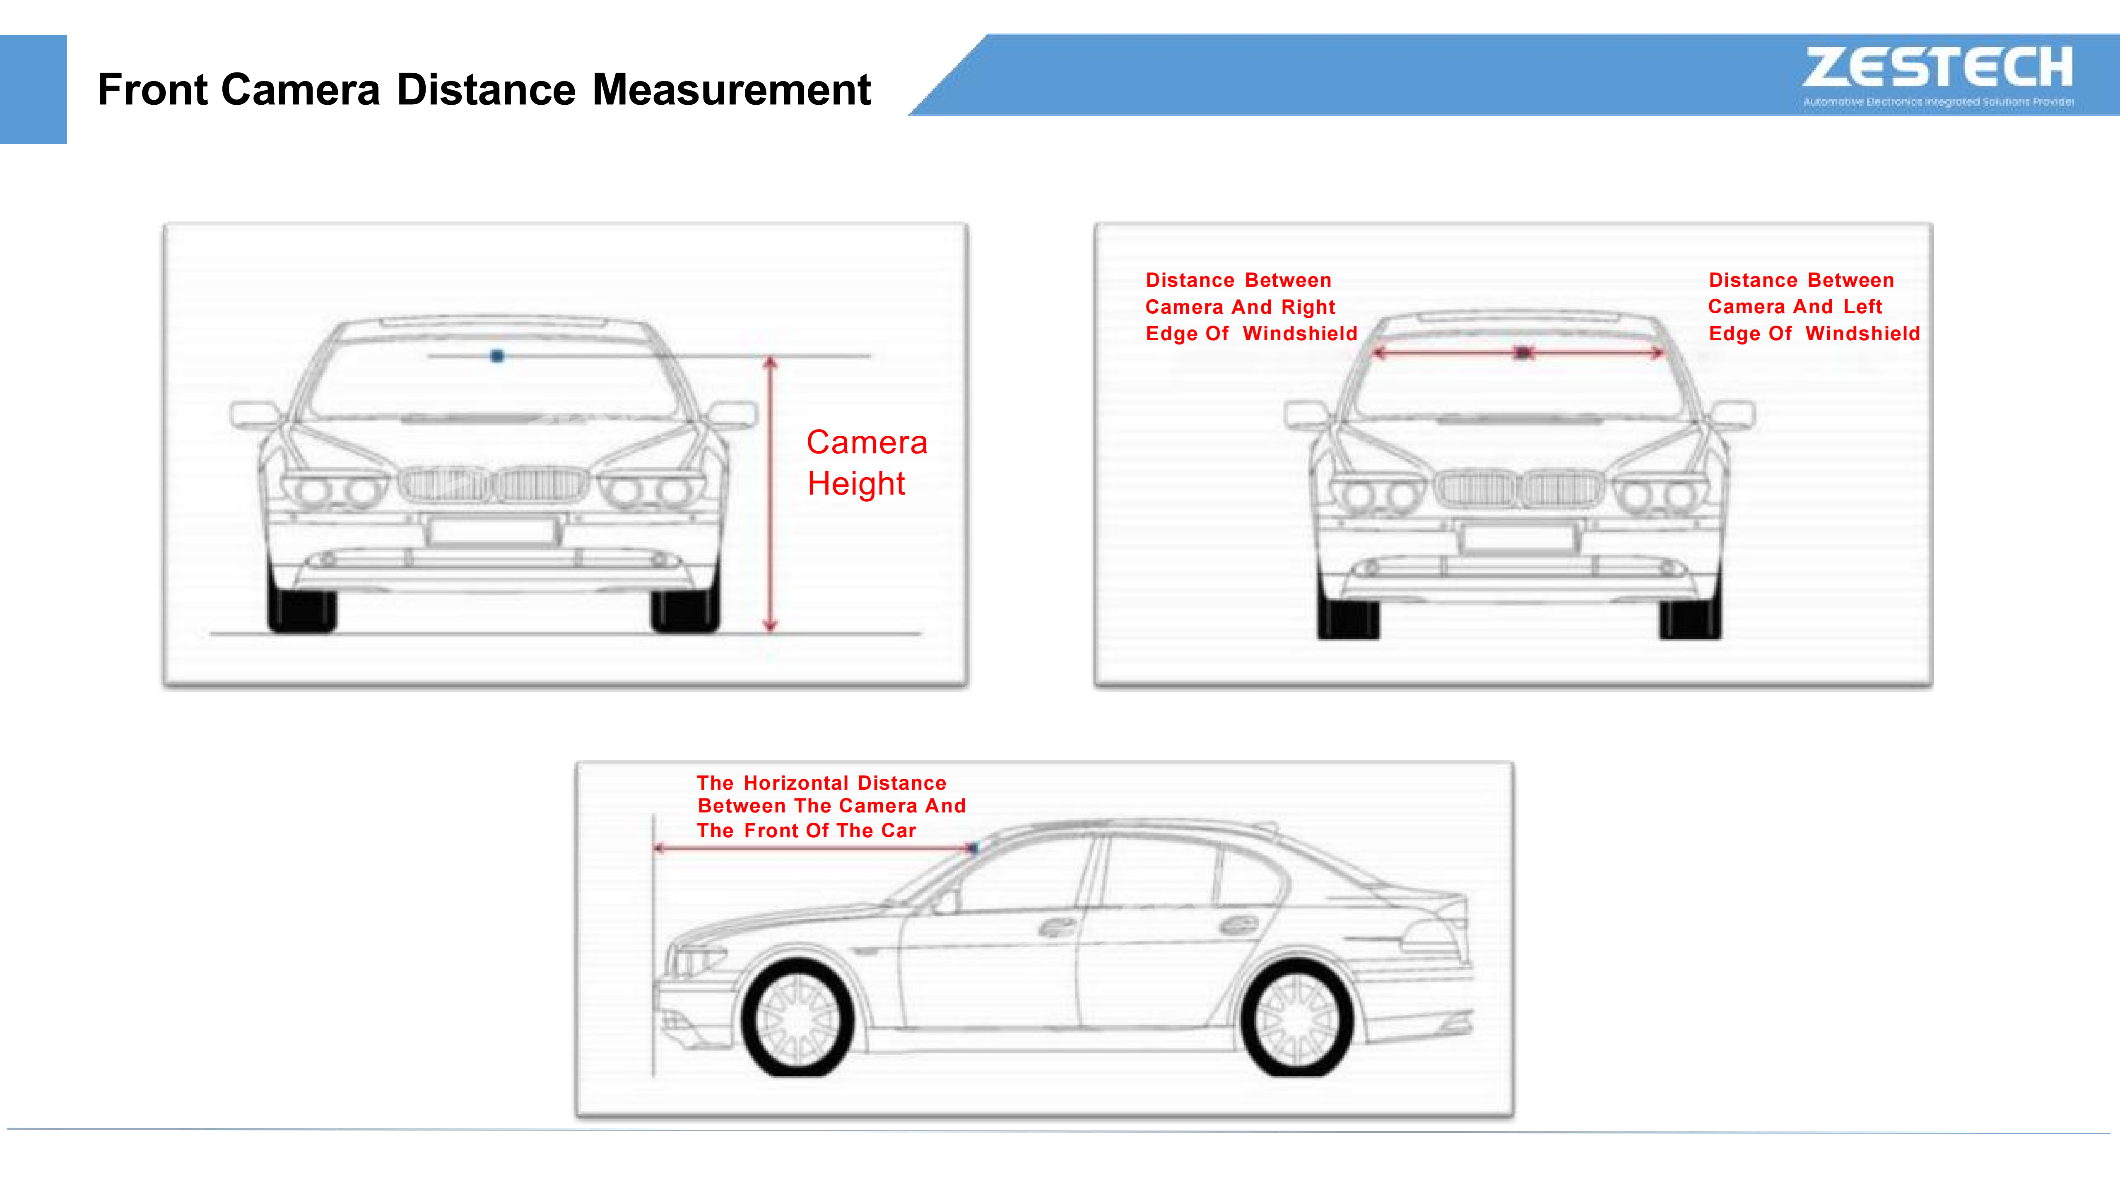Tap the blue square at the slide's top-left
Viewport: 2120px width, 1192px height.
coord(33,89)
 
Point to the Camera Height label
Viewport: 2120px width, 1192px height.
coord(867,462)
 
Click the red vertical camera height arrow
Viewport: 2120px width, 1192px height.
coord(770,494)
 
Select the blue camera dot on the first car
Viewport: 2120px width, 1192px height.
coord(497,356)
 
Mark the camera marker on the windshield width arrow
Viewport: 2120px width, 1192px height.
coord(1523,353)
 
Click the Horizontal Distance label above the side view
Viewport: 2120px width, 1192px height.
coord(830,806)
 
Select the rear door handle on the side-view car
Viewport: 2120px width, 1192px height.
coord(1238,925)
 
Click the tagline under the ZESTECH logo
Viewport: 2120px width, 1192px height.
coord(1938,102)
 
